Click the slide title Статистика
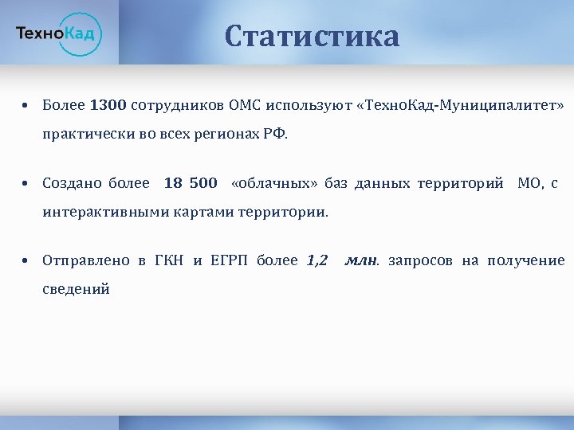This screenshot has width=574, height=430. pyautogui.click(x=312, y=36)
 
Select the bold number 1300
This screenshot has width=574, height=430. pyautogui.click(x=108, y=105)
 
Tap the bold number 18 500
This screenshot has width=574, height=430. pyautogui.click(x=191, y=184)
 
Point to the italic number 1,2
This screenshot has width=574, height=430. pyautogui.click(x=317, y=260)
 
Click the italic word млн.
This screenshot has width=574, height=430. pyautogui.click(x=363, y=260)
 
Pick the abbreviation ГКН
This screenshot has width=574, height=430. pyautogui.click(x=168, y=260)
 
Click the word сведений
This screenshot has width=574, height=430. pyautogui.click(x=77, y=289)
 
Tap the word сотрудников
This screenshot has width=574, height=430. pyautogui.click(x=176, y=105)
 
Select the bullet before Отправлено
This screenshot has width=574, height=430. pyautogui.click(x=26, y=261)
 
